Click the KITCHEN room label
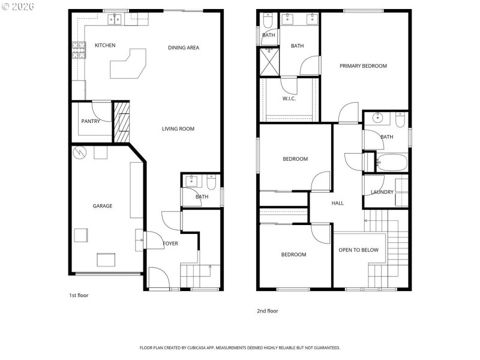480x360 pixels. coord(105,46)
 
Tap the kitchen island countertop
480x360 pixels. coord(128,65)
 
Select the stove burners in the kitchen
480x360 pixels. coord(77,49)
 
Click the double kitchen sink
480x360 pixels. coord(114,19)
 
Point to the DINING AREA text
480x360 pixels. coord(183,48)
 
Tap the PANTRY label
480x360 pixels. coord(91,122)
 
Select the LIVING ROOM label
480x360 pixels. coord(178,129)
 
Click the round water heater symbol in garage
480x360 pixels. coord(80,153)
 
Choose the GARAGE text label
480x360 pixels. coord(102,206)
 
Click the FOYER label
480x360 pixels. coord(171,244)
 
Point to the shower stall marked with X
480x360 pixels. coord(269,61)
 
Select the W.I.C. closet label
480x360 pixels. coord(289,99)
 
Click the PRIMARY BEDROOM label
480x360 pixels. coord(363,66)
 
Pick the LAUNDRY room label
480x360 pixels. coord(382,193)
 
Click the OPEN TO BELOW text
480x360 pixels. coord(358,250)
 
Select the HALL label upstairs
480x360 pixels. coord(338,203)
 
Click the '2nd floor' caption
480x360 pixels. coord(268,311)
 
